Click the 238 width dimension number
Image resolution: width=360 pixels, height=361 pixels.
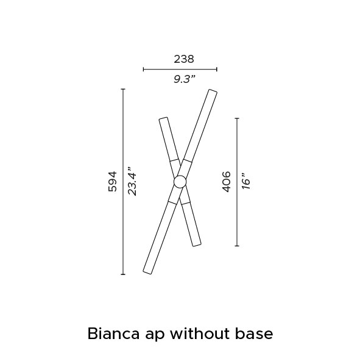[x=184, y=59]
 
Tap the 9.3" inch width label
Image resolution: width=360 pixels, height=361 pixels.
[x=185, y=79]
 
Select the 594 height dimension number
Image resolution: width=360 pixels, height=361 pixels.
[x=113, y=182]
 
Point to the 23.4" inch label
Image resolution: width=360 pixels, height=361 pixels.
[x=132, y=182]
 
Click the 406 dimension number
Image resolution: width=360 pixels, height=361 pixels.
[x=227, y=182]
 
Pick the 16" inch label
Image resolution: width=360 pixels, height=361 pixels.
[x=245, y=182]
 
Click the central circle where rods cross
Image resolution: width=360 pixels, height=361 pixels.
[x=180, y=182]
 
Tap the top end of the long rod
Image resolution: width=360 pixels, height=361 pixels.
[x=213, y=91]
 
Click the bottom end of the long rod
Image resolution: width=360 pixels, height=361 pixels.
[x=147, y=273]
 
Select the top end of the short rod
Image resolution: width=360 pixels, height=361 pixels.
[x=163, y=118]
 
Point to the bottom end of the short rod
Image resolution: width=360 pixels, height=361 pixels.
[x=197, y=245]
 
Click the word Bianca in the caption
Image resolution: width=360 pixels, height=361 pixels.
[x=113, y=334]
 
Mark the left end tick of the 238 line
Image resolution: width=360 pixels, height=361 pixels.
[x=144, y=70]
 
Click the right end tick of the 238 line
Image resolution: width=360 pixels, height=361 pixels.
[x=217, y=70]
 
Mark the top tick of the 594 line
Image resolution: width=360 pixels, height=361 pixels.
[x=123, y=89]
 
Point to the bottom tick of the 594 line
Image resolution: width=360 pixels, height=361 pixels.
[x=123, y=274]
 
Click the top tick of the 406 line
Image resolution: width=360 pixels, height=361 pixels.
[x=237, y=118]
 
